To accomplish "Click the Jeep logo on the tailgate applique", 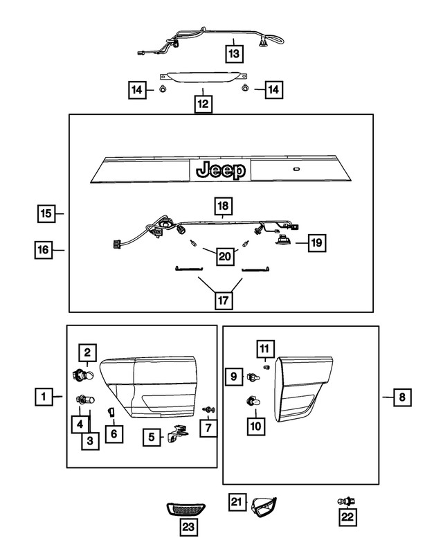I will pos(221,170).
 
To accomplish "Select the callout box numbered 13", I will pos(235,52).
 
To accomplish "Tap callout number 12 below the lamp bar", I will pos(203,105).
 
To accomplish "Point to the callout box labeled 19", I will pos(317,242).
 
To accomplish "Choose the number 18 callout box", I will pos(223,206).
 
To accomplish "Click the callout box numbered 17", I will pos(223,301).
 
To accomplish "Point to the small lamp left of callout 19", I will pos(283,240).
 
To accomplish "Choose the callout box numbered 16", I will pos(44,249).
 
